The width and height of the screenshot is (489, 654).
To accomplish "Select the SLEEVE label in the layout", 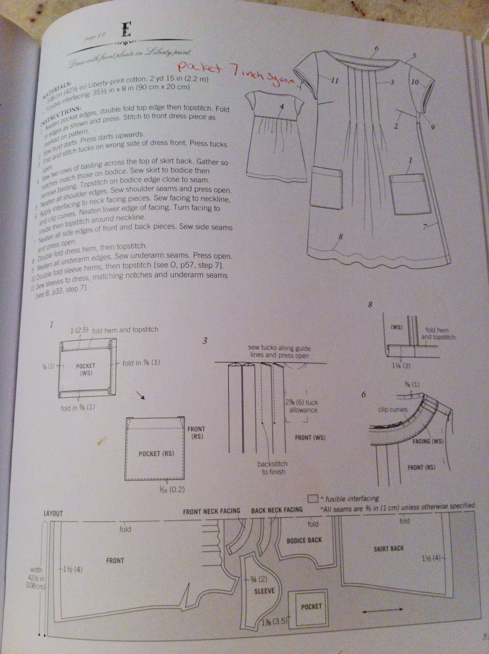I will (264, 590).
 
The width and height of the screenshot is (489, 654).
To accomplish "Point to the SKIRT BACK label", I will (388, 548).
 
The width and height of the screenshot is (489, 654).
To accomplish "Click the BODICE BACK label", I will (304, 540).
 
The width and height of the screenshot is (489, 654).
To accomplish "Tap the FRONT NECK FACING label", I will (211, 511).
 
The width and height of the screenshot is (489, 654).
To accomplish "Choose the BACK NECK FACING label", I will (276, 510).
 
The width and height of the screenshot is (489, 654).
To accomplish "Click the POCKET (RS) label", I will (156, 453).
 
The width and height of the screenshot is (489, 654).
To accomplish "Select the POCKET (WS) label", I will (85, 369).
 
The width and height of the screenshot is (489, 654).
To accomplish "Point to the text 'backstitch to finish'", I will (273, 468).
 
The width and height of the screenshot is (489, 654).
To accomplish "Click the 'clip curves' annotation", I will (393, 409).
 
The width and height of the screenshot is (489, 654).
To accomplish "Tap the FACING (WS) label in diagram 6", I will (427, 441).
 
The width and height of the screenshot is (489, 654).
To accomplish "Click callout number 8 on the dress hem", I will (341, 236).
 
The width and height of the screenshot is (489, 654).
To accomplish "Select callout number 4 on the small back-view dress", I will (282, 106).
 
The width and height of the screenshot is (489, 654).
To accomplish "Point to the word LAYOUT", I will (53, 513).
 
